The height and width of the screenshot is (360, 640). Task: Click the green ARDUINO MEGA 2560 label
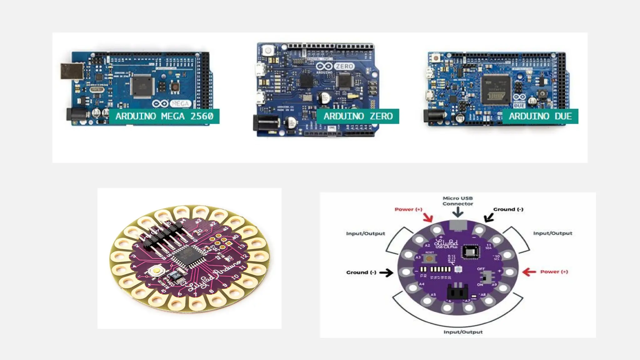pos(164,116)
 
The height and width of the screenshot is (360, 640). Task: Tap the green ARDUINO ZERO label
pos(358,116)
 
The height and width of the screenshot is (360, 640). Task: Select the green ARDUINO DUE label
pos(540,116)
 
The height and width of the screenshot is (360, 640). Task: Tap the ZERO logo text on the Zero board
pos(345,66)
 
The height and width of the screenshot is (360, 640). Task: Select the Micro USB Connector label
pos(458,201)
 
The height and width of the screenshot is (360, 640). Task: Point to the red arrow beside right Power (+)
pos(529,272)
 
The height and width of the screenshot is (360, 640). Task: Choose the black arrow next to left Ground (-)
pos(386,272)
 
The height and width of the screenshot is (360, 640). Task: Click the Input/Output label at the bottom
pos(463,332)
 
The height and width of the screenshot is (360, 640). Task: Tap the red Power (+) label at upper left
pos(408,209)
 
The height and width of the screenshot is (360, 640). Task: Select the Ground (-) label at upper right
pos(508,209)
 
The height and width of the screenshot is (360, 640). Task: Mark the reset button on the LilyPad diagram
pos(430,258)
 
